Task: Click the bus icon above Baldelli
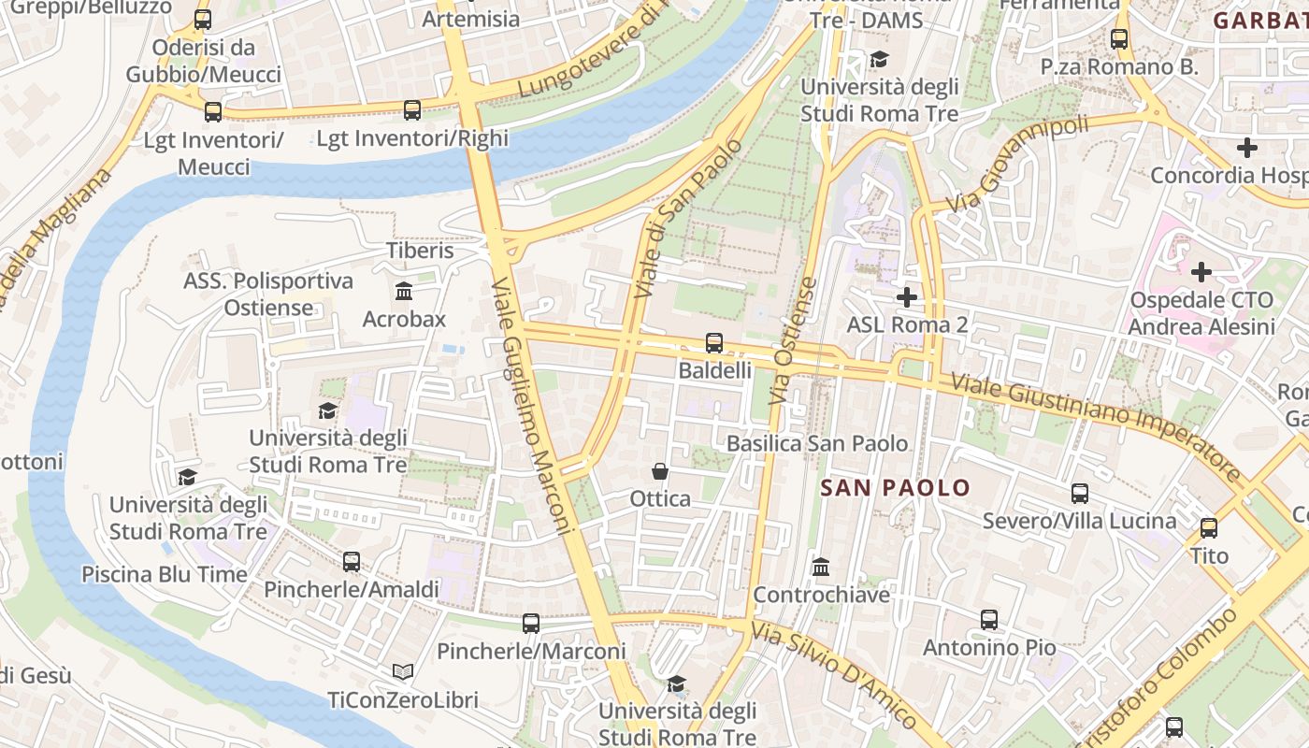(x=714, y=343)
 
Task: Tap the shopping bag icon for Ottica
(x=660, y=471)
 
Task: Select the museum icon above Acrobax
(x=404, y=292)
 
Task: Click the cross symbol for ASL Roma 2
(x=906, y=297)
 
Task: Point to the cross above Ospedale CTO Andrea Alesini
(x=1201, y=272)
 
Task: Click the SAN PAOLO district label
(x=896, y=488)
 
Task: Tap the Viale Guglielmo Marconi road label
(x=531, y=406)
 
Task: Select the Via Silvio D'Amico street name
(x=834, y=674)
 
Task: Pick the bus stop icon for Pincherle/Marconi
(x=531, y=623)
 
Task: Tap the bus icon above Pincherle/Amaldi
(x=352, y=562)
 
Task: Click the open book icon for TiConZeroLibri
(x=403, y=672)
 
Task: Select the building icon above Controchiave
(x=821, y=567)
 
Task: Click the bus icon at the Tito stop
(x=1209, y=528)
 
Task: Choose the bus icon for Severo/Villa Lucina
(x=1080, y=494)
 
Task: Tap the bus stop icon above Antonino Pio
(x=989, y=620)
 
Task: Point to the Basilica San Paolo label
(x=817, y=443)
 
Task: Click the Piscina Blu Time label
(x=165, y=574)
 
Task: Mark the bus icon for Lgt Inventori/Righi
(x=412, y=110)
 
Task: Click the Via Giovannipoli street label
(x=1017, y=164)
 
